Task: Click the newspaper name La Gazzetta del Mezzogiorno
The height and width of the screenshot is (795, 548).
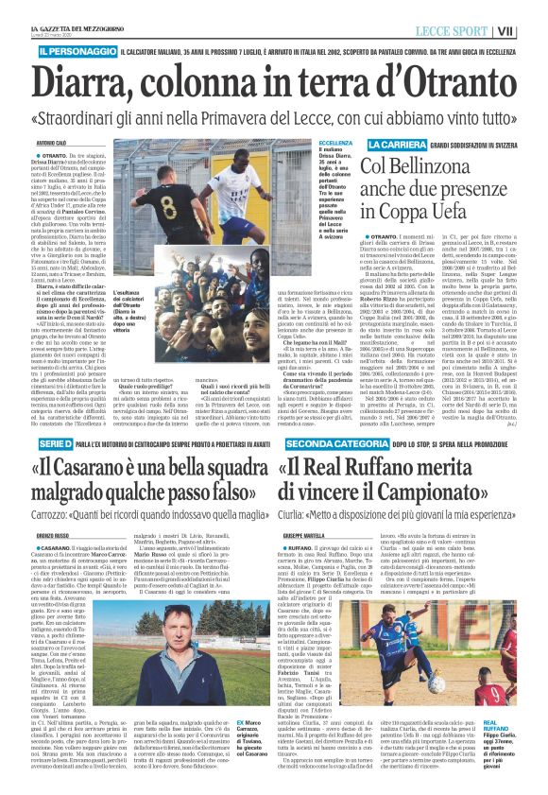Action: tap(60, 10)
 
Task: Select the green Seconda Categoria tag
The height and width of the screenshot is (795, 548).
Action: tap(325, 417)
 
